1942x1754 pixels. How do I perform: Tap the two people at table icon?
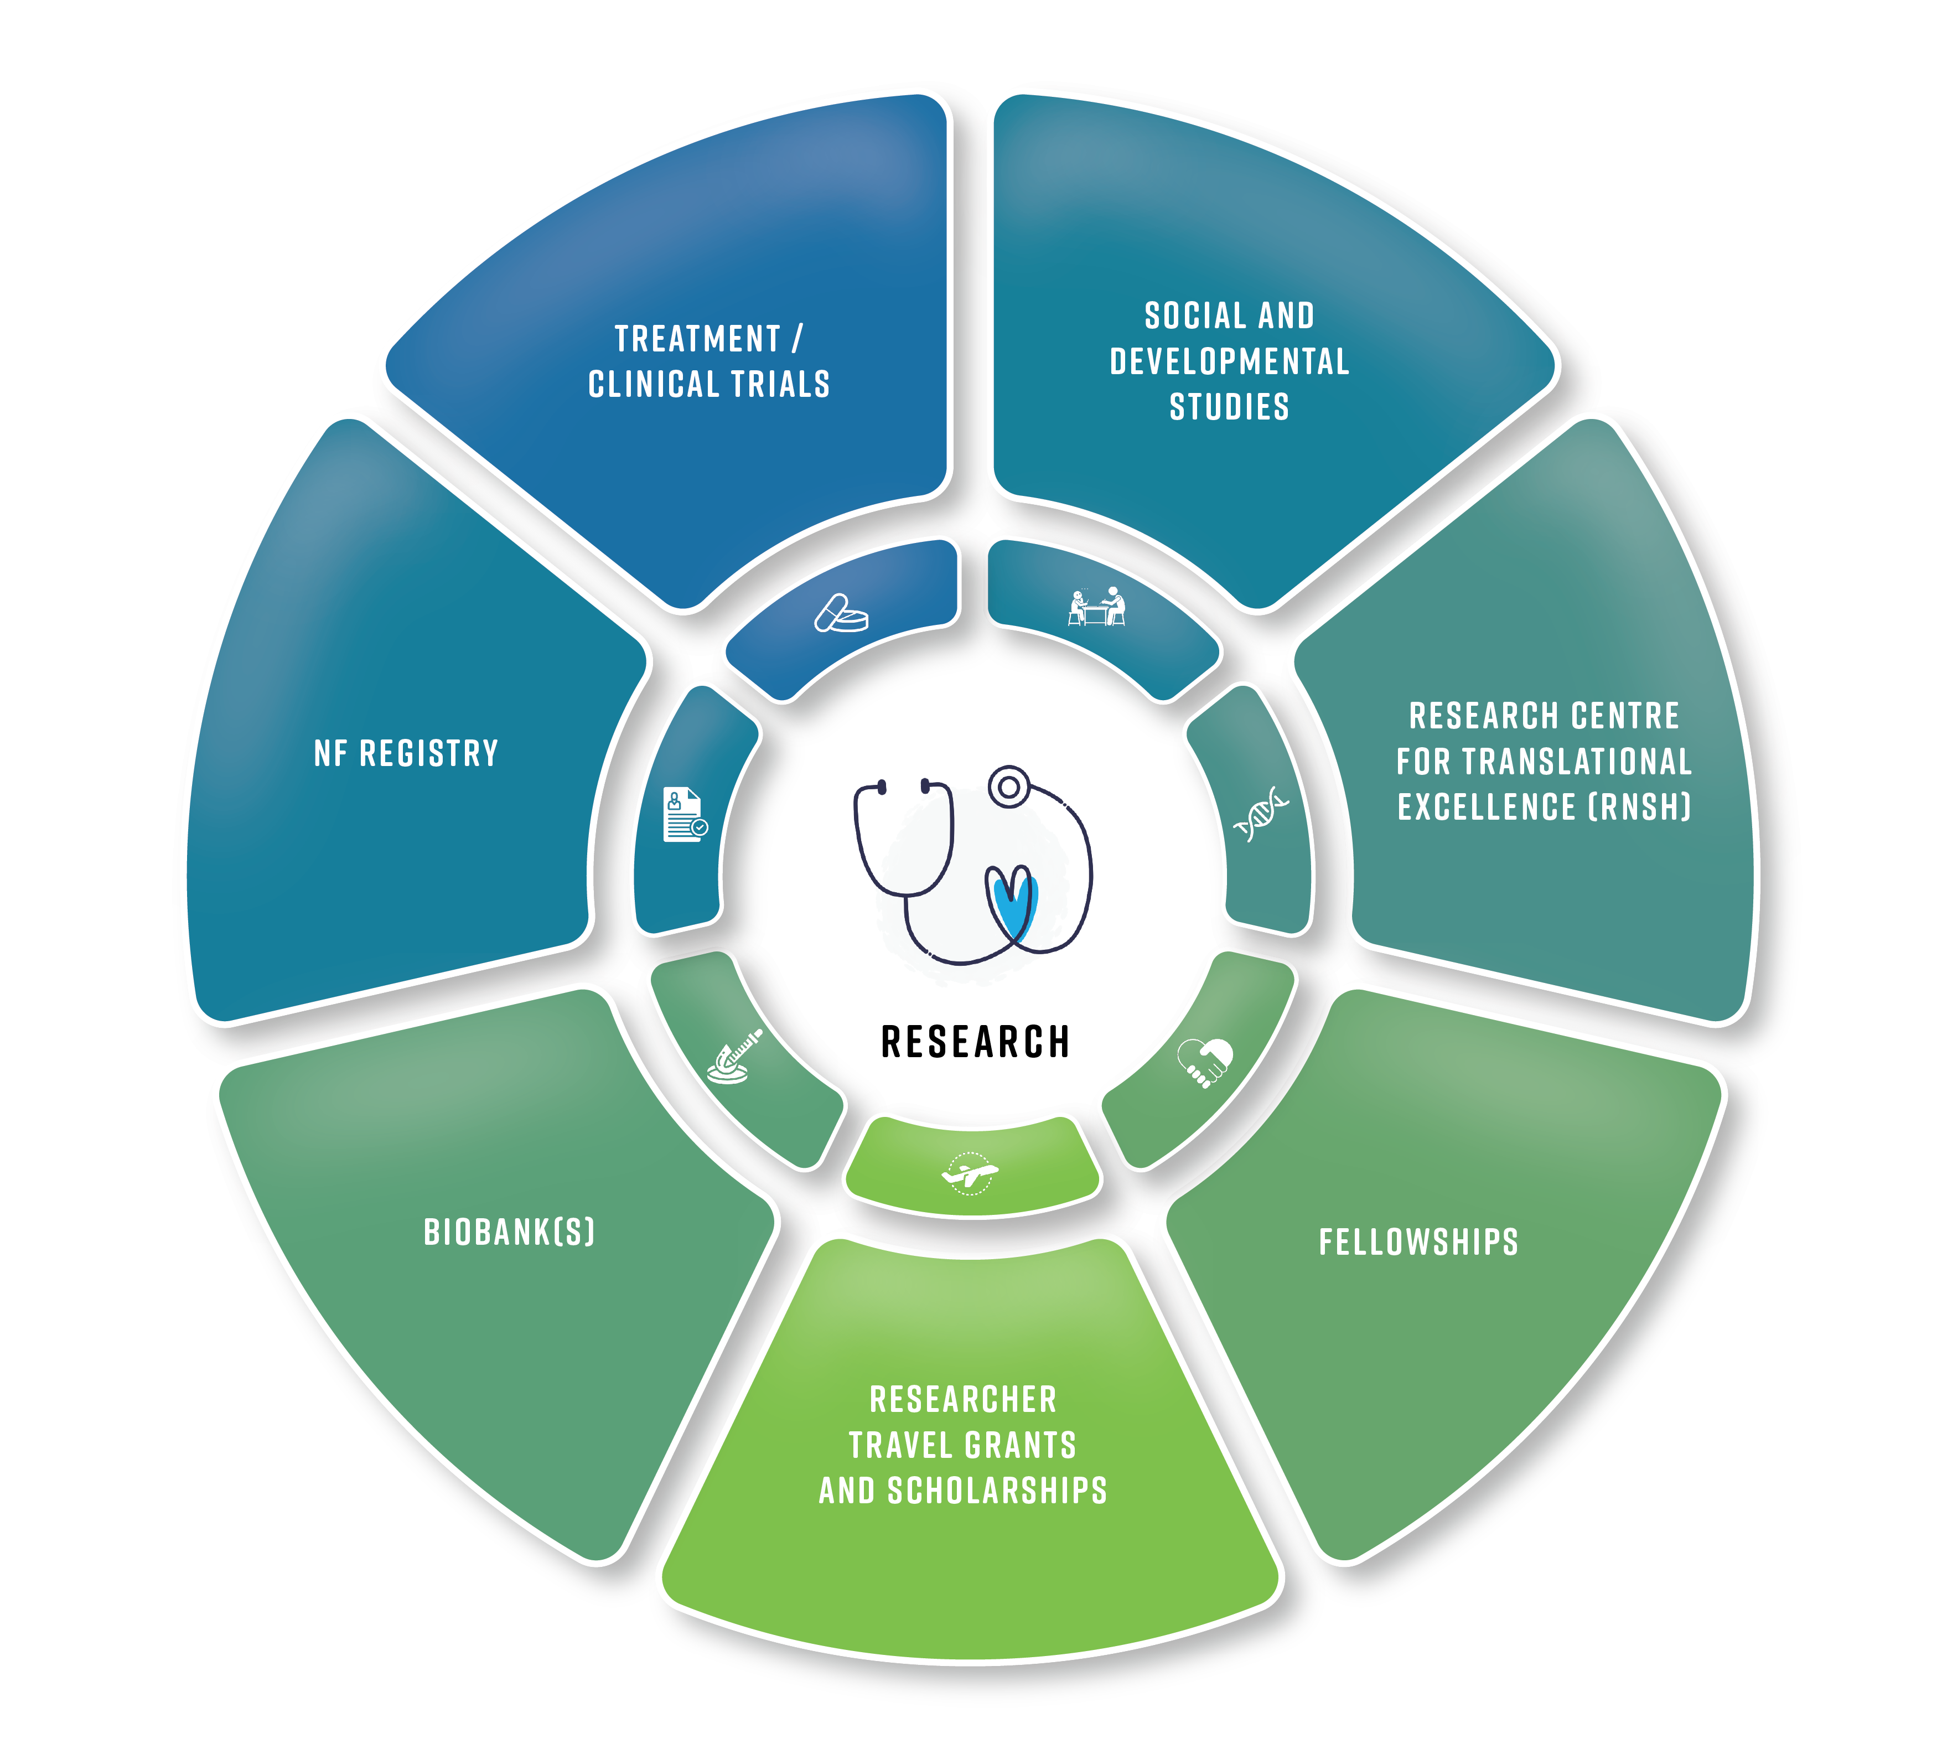1096,607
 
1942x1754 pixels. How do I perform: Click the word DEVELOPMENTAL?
1229,361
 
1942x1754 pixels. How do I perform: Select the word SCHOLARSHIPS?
997,1491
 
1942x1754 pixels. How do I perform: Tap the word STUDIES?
1229,407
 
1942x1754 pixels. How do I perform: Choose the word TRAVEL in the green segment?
900,1446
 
